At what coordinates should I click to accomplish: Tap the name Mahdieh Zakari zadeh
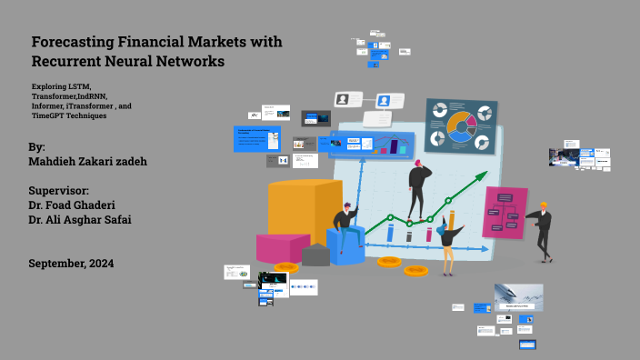[x=89, y=162]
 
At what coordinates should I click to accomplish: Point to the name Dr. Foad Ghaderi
[x=76, y=205]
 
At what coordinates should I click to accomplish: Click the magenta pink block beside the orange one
[x=281, y=246]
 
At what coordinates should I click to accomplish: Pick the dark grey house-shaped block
[x=315, y=255]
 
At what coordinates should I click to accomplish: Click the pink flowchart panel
[x=505, y=212]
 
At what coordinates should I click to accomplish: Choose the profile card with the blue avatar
[x=385, y=101]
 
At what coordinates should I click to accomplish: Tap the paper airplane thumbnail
[x=518, y=295]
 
